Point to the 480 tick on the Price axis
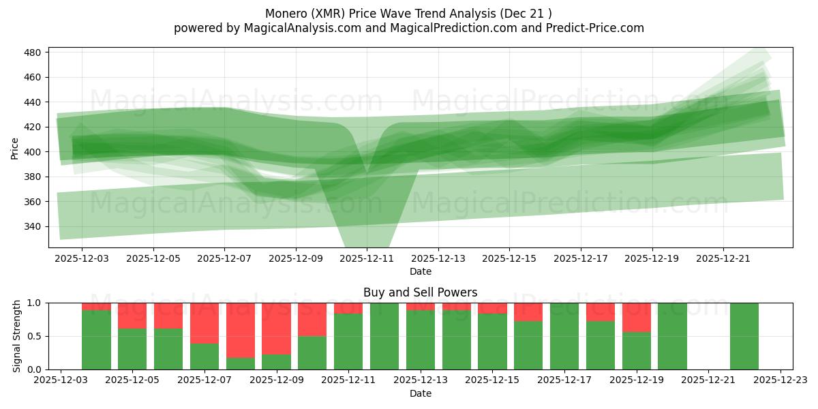point(34,52)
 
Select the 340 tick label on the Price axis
point(34,226)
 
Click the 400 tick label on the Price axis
point(34,152)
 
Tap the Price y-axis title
point(14,147)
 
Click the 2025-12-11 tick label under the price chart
point(367,259)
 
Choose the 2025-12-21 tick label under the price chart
point(723,259)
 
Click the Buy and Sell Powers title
point(420,292)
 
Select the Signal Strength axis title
point(17,335)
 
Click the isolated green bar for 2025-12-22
point(744,336)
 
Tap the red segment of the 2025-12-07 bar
point(204,322)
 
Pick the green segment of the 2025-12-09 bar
point(276,362)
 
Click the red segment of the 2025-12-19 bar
point(636,317)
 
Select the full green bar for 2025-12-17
point(564,336)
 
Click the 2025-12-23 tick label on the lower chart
point(780,380)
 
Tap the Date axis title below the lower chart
point(420,393)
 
